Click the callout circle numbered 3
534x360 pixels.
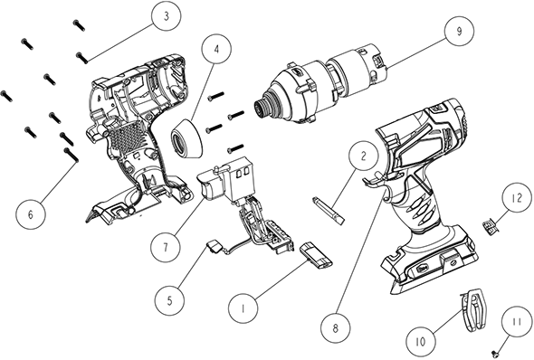coord(167,16)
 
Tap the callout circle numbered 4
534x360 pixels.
coord(216,49)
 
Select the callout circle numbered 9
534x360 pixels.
coord(460,31)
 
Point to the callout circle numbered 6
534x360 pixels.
coord(30,214)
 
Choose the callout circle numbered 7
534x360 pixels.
coord(166,247)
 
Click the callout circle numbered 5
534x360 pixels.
coord(169,300)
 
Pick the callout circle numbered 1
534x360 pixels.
coord(243,308)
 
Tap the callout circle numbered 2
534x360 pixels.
coord(363,156)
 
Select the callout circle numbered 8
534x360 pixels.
coord(336,328)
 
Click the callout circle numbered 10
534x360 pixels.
coord(421,341)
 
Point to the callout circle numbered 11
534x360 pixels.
coord(517,321)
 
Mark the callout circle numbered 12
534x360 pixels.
coord(517,198)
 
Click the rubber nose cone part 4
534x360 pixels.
coord(186,137)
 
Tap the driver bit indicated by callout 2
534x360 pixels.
coord(329,211)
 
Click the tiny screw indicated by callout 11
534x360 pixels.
coord(496,351)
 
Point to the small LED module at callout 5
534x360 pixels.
coord(215,246)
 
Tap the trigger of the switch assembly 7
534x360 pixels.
coord(211,184)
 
